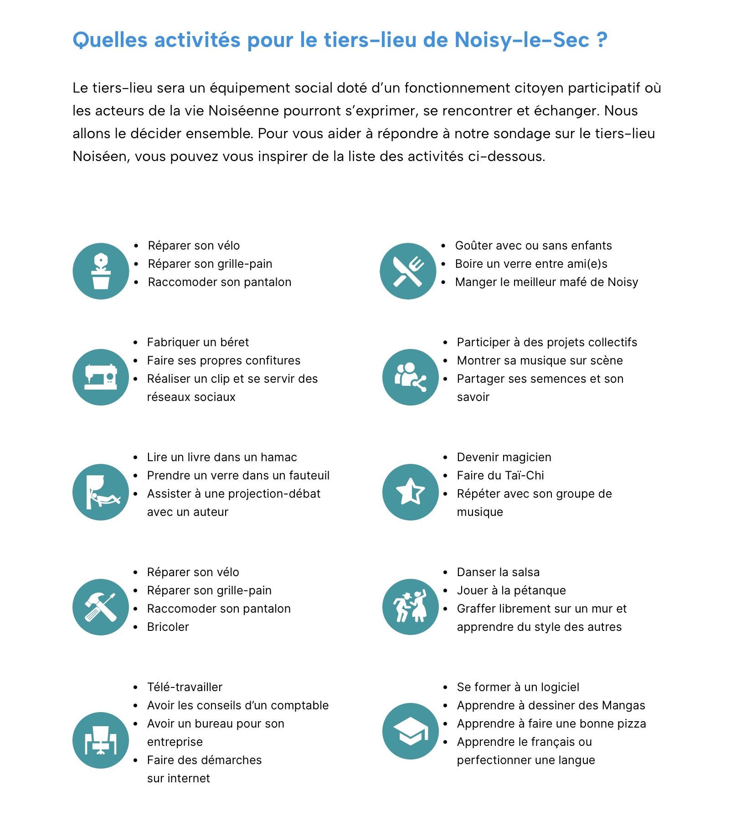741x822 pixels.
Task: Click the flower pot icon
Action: (x=101, y=271)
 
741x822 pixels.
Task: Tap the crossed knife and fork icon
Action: (x=408, y=271)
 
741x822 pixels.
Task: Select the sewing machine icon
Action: (x=101, y=377)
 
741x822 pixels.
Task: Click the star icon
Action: (x=410, y=492)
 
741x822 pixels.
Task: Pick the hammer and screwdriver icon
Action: (x=101, y=607)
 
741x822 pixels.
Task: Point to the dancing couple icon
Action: (x=410, y=607)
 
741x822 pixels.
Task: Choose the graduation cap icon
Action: (x=410, y=731)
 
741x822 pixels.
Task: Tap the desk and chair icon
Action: (x=101, y=740)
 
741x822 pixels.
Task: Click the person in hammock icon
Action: (x=101, y=492)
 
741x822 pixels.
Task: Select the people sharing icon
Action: (x=410, y=377)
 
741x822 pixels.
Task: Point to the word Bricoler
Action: (x=168, y=627)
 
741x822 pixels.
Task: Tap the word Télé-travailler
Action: (x=185, y=687)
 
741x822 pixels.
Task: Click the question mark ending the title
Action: (x=602, y=40)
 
